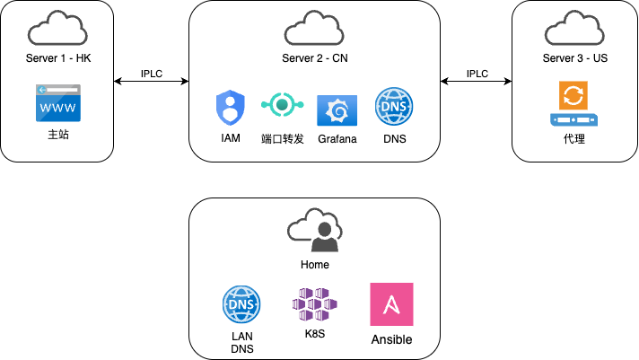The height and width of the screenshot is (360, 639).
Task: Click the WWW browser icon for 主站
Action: [57, 103]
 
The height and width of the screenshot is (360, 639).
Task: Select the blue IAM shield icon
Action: [230, 109]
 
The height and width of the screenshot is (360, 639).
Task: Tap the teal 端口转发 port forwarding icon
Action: [282, 106]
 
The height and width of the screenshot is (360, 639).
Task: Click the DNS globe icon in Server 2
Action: [393, 107]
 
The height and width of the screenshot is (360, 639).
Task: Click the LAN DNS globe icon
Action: [241, 304]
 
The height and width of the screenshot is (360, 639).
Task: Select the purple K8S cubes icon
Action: [313, 306]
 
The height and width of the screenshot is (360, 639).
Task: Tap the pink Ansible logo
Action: [391, 304]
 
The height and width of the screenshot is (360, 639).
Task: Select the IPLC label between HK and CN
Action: [153, 73]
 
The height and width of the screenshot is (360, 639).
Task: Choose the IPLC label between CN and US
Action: [477, 73]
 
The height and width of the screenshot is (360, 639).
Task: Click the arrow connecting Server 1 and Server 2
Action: [153, 82]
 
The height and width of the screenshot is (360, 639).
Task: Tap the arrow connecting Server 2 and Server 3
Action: [477, 82]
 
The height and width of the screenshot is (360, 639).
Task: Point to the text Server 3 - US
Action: [573, 58]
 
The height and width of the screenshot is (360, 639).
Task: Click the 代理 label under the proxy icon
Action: [573, 139]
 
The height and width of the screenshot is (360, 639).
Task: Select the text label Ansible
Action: [391, 340]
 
